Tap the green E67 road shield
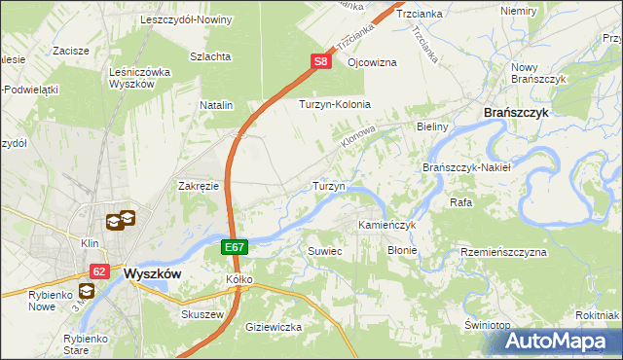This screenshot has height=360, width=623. [x=235, y=248]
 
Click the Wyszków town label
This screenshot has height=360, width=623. [x=153, y=273]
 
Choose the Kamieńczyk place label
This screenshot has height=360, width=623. [x=386, y=225]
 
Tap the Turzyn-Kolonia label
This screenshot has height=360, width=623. [x=335, y=104]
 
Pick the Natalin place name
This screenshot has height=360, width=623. [x=216, y=104]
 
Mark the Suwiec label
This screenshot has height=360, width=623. [x=325, y=250]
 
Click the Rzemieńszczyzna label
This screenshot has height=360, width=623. [x=503, y=252]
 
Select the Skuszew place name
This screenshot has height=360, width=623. [x=202, y=315]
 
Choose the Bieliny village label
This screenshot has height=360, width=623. [x=431, y=126]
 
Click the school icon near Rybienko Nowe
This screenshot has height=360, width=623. [x=87, y=290]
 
